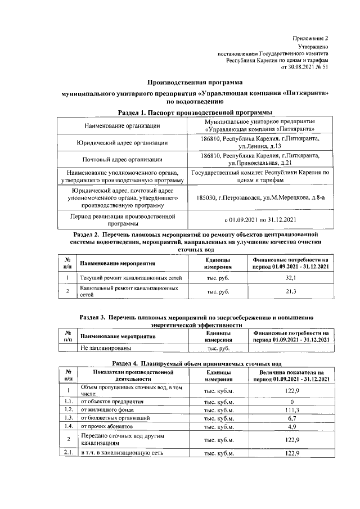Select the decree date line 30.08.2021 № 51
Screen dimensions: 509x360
click(x=304, y=66)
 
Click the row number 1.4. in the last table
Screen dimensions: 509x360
click(x=68, y=427)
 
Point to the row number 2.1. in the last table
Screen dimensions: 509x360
click(x=68, y=453)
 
